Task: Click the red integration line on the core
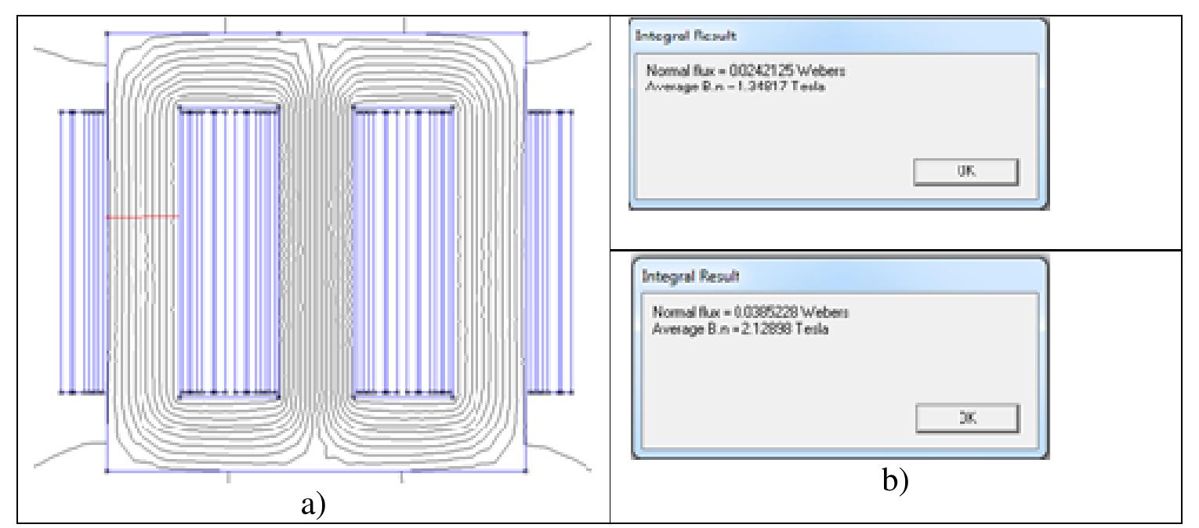[x=142, y=216]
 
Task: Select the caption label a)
[x=312, y=506]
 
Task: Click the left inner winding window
[x=229, y=251]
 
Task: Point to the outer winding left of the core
[x=82, y=251]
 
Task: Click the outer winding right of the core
[x=549, y=251]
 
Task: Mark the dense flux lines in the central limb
[x=316, y=251]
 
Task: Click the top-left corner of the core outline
[x=107, y=34]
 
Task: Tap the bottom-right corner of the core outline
[x=524, y=472]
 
